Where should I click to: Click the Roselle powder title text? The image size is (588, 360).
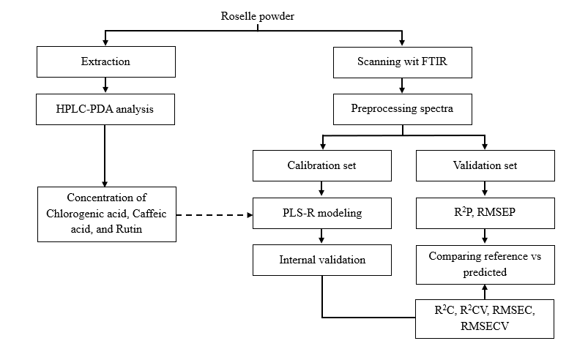point(257,16)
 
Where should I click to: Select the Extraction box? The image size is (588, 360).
point(106,61)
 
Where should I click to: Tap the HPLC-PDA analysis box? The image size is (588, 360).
point(105,109)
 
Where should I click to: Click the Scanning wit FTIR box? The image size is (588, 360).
point(403,62)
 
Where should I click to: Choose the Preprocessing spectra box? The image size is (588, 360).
point(403,109)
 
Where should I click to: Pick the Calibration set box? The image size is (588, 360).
point(322,166)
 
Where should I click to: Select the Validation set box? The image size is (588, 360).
point(485,166)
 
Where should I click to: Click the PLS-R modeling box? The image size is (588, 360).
point(322,213)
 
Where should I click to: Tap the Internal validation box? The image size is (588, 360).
point(322,260)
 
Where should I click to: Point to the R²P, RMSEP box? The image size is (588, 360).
point(485,213)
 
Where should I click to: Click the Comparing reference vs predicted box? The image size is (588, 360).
point(485,265)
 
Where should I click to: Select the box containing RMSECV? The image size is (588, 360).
point(485,319)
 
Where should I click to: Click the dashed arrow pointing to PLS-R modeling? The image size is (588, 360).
point(215,215)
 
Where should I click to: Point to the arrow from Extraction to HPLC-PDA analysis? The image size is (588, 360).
point(105,85)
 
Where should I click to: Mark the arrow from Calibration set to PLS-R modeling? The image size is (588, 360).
point(321,189)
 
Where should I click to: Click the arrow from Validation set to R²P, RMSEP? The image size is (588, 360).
point(485,189)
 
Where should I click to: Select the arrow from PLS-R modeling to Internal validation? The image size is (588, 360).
point(321,236)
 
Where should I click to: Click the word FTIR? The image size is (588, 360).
point(434,61)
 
